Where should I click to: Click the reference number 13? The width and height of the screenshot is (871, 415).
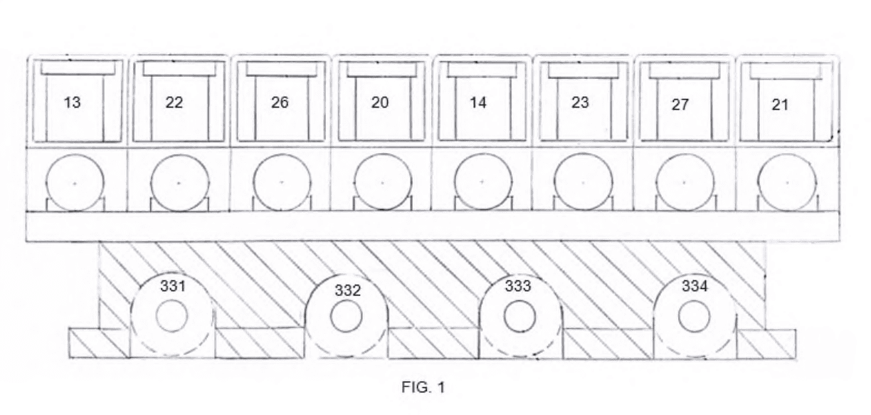pyautogui.click(x=72, y=103)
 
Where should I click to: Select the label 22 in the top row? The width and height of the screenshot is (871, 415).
pyautogui.click(x=174, y=103)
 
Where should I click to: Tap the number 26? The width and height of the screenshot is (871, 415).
pyautogui.click(x=280, y=103)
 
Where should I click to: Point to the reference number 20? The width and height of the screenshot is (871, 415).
pyautogui.click(x=380, y=103)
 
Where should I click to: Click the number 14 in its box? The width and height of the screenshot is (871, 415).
pyautogui.click(x=478, y=103)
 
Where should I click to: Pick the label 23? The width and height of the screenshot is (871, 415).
pyautogui.click(x=580, y=103)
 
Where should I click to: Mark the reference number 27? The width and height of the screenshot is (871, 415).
pyautogui.click(x=680, y=105)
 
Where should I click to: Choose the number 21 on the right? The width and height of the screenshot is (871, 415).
pyautogui.click(x=780, y=105)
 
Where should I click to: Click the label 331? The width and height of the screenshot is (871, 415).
pyautogui.click(x=173, y=286)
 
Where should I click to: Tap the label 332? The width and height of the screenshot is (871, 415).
pyautogui.click(x=348, y=290)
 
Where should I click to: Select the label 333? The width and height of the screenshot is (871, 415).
pyautogui.click(x=518, y=286)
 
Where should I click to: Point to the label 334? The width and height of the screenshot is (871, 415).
pyautogui.click(x=695, y=286)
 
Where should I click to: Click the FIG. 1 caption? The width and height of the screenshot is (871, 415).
pyautogui.click(x=423, y=387)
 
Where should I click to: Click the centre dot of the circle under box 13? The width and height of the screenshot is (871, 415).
pyautogui.click(x=75, y=183)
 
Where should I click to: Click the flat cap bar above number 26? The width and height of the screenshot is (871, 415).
pyautogui.click(x=282, y=69)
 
